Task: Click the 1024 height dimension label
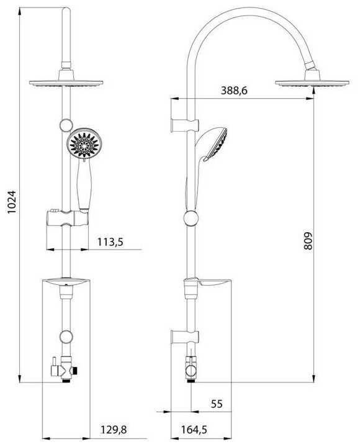pos(12,202)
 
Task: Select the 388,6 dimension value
pos(234,91)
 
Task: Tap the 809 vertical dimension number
pos(308,241)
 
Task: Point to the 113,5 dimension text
pos(110,242)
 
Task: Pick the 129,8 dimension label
pos(114,430)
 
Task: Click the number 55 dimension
pos(217,404)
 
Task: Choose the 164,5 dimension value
pos(194,430)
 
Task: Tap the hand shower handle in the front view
pos(84,187)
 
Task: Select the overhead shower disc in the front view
pos(66,83)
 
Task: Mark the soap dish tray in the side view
pos(214,283)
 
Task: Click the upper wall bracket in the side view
pos(184,125)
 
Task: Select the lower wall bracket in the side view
pos(184,337)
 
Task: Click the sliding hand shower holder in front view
pos(67,219)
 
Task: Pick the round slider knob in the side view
pos(191,219)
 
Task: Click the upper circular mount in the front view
pos(66,125)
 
